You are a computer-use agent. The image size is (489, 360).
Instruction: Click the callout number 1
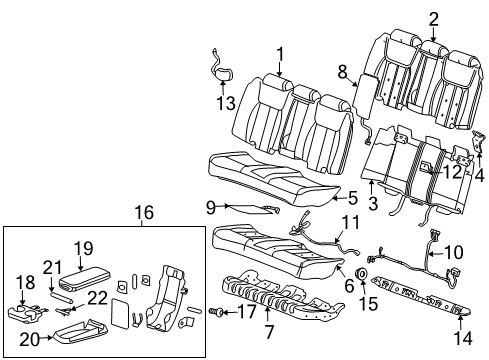tap(280, 55)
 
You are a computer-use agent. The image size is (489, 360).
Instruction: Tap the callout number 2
tap(433, 17)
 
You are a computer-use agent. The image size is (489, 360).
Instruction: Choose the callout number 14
tap(458, 338)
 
